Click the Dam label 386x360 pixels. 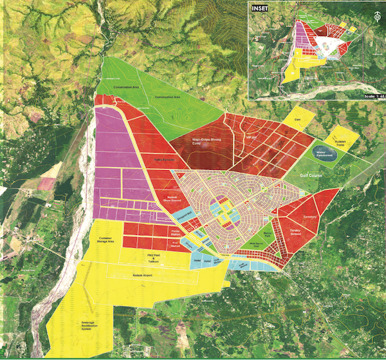(x=298, y=120)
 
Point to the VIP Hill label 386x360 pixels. (x=251, y=137)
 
